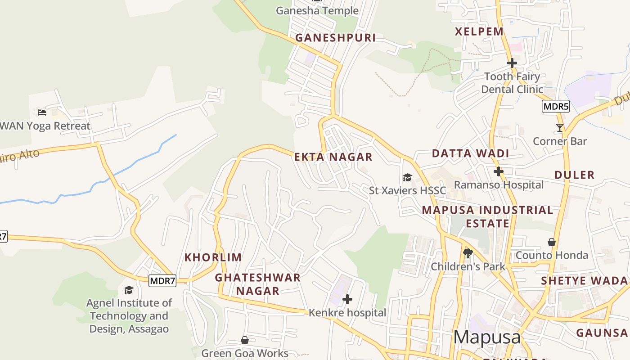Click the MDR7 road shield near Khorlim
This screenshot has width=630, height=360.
[162, 281]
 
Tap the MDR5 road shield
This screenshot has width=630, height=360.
[556, 107]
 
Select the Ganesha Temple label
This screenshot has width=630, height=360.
[317, 10]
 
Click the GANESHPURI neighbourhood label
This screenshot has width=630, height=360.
[335, 38]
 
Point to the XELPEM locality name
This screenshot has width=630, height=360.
[479, 31]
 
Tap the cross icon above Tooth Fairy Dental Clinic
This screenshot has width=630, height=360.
[512, 63]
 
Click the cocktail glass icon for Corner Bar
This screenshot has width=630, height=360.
[559, 128]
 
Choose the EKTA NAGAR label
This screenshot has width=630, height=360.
[333, 157]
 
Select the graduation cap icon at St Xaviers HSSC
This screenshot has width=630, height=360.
[407, 177]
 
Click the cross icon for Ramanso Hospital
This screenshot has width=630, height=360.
[498, 171]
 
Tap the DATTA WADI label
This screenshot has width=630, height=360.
[470, 153]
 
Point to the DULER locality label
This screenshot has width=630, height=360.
[574, 175]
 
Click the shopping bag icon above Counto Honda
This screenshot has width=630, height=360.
[552, 242]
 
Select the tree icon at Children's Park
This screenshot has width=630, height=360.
[468, 253]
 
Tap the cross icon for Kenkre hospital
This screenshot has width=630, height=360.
[347, 299]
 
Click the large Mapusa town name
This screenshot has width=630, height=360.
[487, 337]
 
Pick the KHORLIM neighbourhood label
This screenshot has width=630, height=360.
[213, 257]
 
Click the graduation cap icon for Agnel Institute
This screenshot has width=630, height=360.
[129, 290]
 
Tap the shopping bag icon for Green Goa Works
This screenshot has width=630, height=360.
[245, 340]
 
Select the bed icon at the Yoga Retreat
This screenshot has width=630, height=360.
[42, 112]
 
